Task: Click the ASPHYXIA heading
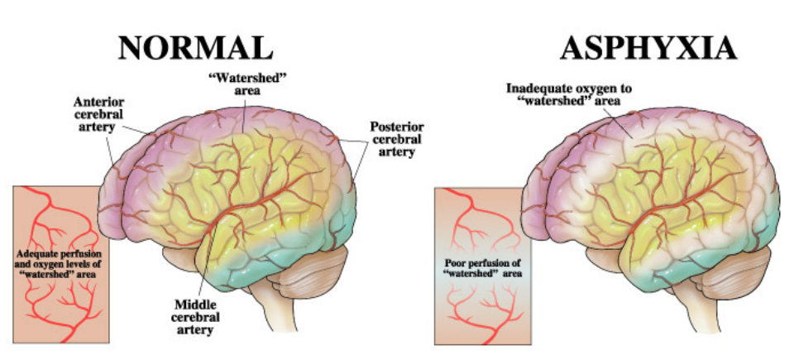[x=648, y=47]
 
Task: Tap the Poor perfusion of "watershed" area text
[x=477, y=267]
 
